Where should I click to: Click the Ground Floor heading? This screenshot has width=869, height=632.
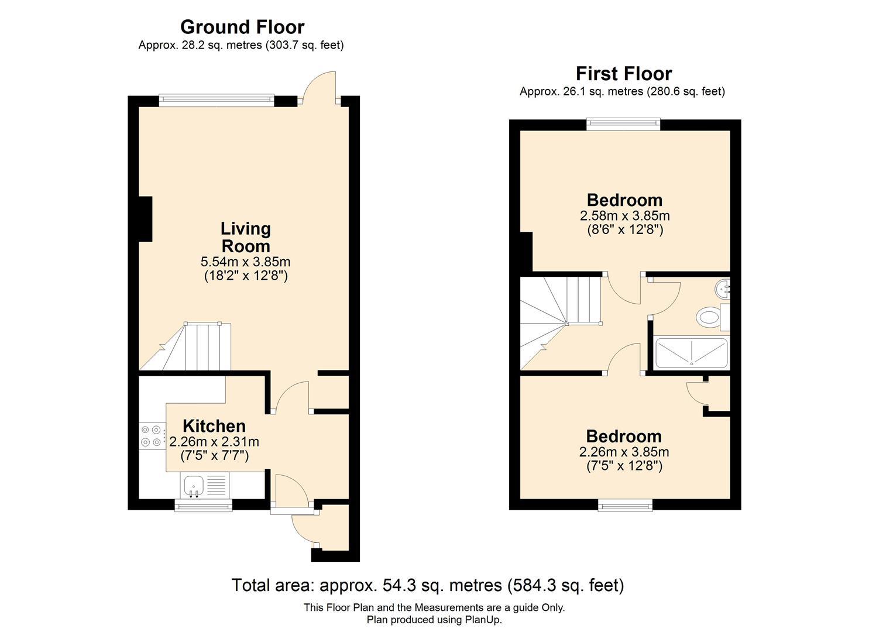coord(242,27)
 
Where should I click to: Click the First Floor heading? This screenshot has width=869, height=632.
coord(623,74)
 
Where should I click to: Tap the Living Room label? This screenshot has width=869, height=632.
coord(245,237)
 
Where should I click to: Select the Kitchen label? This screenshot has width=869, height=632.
coord(214,426)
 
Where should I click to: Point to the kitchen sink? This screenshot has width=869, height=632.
coord(193,485)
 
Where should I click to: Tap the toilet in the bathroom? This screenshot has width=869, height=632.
coord(709,318)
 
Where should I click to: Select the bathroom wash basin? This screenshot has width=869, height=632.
coord(723,288)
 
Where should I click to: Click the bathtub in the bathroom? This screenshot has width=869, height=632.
coord(691,353)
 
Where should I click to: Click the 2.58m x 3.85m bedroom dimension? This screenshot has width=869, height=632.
coord(624,216)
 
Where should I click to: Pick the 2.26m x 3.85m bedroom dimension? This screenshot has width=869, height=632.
coord(624,452)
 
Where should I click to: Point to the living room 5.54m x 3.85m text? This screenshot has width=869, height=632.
coord(245,262)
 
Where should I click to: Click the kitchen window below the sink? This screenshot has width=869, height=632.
coord(203,505)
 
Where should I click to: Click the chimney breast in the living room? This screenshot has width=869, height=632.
coord(145,219)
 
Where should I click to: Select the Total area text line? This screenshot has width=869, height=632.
coord(428,585)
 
